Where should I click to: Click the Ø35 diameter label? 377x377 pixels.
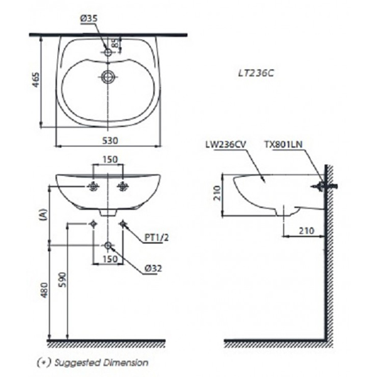89,19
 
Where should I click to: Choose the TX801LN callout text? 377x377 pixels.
284,145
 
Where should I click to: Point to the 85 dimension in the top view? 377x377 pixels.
116,45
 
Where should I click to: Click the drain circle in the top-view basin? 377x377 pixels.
108,77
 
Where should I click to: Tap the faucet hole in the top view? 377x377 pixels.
108,53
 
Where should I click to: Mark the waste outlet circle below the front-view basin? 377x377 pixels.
109,246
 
